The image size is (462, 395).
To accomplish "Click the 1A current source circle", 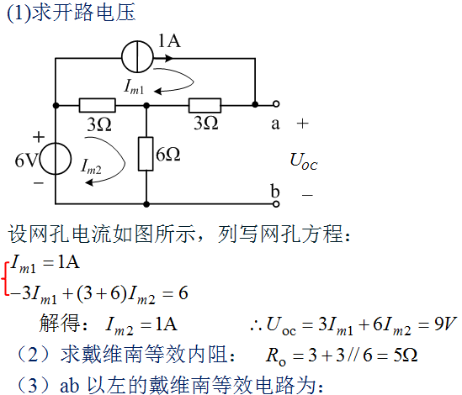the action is click(x=137, y=57).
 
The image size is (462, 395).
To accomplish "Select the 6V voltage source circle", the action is click(x=56, y=159).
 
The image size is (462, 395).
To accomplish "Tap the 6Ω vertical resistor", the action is click(x=146, y=154).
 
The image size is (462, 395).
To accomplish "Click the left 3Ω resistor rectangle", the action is click(x=98, y=105).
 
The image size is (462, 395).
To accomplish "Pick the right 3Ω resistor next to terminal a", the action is click(x=204, y=105).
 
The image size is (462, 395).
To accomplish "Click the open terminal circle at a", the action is click(x=276, y=103).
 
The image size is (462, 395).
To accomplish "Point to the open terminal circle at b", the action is click(x=276, y=203).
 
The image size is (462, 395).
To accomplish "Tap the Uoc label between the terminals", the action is click(x=304, y=161).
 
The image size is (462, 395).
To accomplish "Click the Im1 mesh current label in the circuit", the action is click(x=135, y=87).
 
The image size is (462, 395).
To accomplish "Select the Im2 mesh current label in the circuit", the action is click(x=92, y=166).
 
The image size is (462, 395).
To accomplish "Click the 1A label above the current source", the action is click(x=169, y=40).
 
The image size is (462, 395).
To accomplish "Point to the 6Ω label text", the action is click(x=168, y=154).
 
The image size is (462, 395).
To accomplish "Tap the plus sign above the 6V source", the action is click(x=39, y=137).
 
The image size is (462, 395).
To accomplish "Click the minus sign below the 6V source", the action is click(x=39, y=183).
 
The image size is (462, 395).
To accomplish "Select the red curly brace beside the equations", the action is click(x=5, y=277).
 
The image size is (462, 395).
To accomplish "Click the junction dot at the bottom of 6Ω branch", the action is click(x=146, y=203).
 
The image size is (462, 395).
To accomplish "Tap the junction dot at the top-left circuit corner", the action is click(x=56, y=105).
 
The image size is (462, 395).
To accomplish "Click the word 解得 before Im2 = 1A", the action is click(x=60, y=323).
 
